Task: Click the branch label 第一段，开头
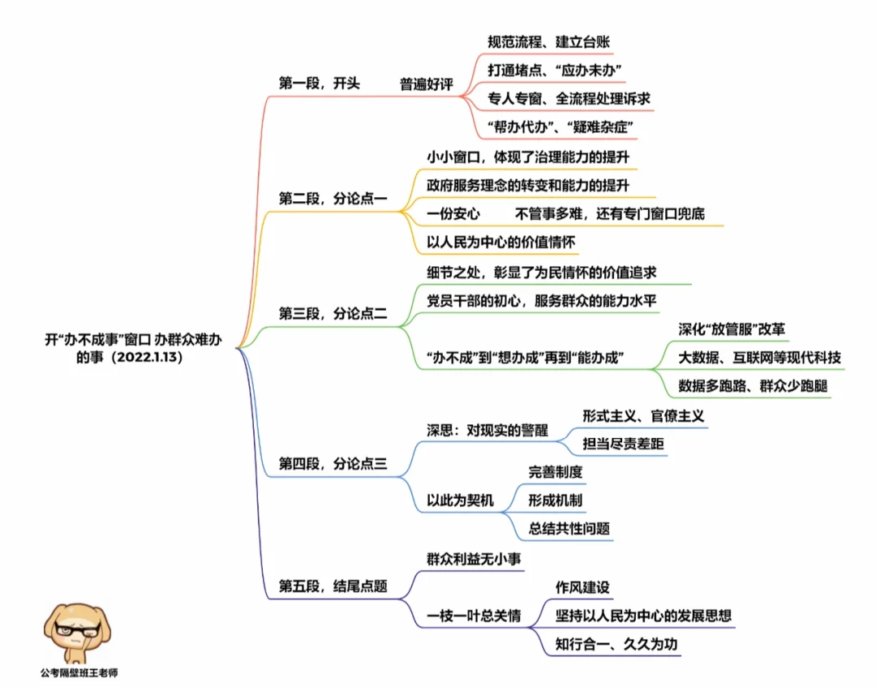pyautogui.click(x=319, y=84)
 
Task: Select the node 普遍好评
pyautogui.click(x=426, y=84)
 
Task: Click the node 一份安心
pyautogui.click(x=453, y=214)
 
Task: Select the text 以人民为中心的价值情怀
pyautogui.click(x=501, y=243)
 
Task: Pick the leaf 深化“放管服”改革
pyautogui.click(x=732, y=329)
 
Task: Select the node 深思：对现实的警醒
pyautogui.click(x=487, y=430)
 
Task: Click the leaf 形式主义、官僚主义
pyautogui.click(x=642, y=415)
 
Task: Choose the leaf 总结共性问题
pyautogui.click(x=569, y=529)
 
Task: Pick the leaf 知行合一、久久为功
pyautogui.click(x=616, y=645)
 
